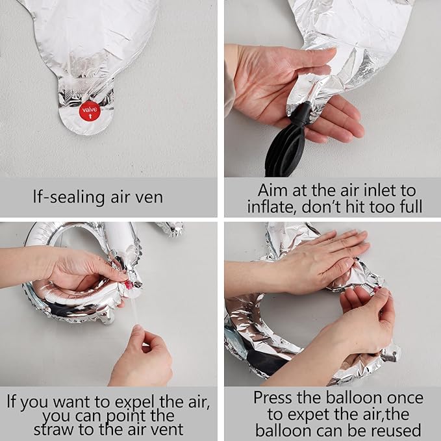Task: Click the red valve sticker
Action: pyautogui.click(x=90, y=111)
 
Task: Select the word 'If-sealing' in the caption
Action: pyautogui.click(x=69, y=197)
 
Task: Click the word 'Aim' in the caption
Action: pyautogui.click(x=273, y=190)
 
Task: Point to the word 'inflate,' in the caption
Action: pyautogui.click(x=271, y=207)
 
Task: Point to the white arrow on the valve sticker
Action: pyautogui.click(x=90, y=116)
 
